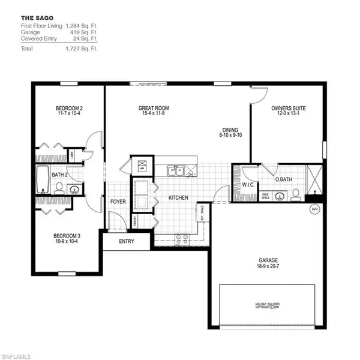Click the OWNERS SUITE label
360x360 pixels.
point(289,109)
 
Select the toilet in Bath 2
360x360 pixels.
point(59,188)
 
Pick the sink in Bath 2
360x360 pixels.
point(74,189)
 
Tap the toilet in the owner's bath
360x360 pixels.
point(296,194)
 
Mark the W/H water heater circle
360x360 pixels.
point(314,209)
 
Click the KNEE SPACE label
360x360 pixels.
point(265,196)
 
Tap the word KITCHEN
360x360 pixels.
point(178,197)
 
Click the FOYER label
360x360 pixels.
point(118,202)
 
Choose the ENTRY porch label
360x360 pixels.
point(126,241)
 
